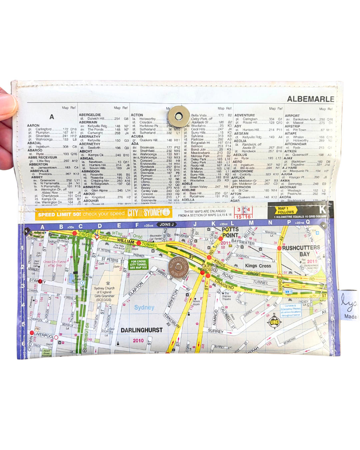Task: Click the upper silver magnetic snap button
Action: pos(179,117)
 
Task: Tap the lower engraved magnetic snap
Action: pos(178,267)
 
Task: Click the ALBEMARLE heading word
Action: pos(310,99)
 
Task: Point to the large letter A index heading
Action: pos(52,117)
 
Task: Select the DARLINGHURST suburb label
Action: pos(142,330)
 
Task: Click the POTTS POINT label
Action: pos(230,232)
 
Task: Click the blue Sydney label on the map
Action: pos(144,307)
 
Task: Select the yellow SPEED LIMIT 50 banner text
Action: pos(81,214)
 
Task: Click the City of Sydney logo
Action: pos(149,212)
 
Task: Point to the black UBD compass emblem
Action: pos(274,322)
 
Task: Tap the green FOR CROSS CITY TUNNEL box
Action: pos(138,264)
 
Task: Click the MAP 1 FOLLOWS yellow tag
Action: pos(286,210)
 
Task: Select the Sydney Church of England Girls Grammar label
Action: pos(104,294)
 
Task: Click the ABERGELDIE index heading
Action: pos(90,115)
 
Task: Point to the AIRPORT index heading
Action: pos(292,116)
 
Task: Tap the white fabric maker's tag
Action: pos(348,305)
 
